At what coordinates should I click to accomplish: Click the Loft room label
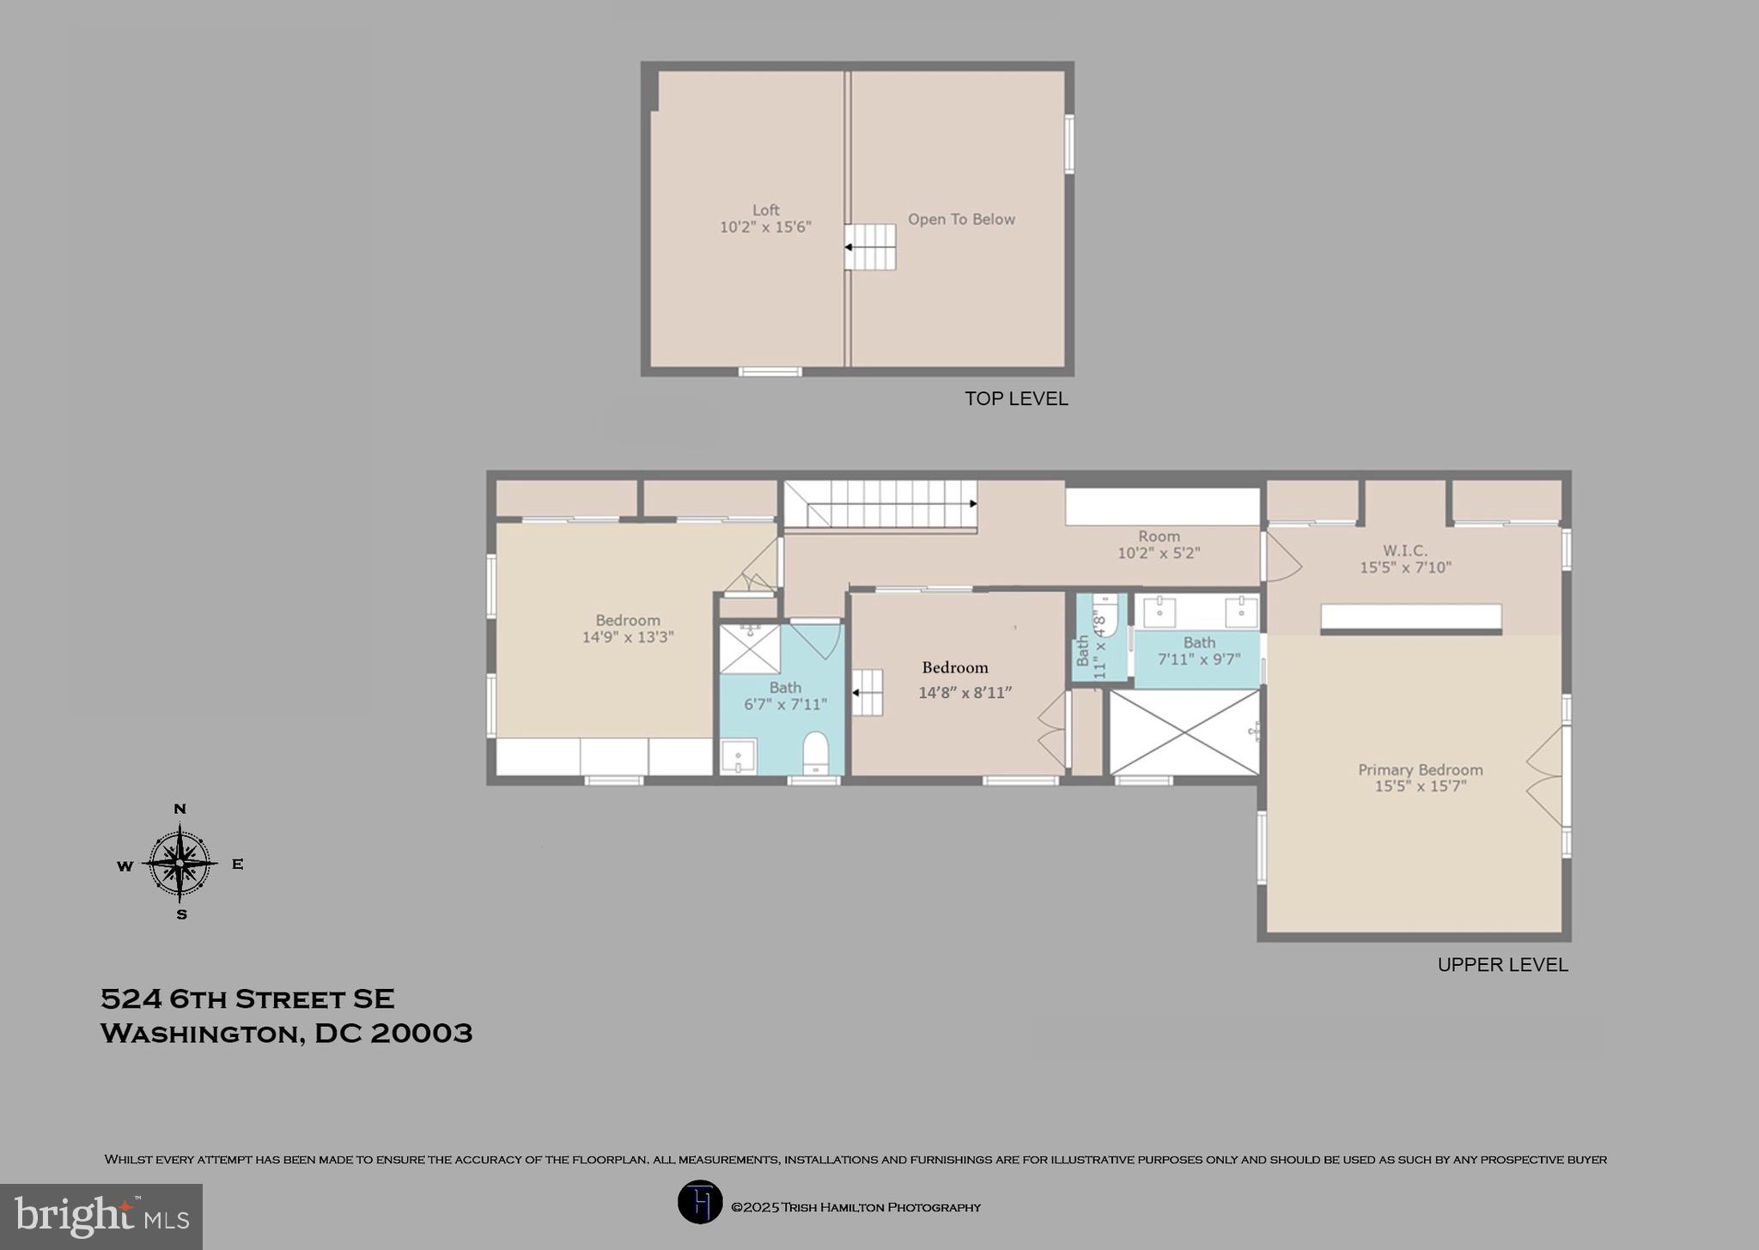(765, 210)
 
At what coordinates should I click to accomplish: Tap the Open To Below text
(961, 220)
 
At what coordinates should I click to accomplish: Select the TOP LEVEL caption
(1016, 398)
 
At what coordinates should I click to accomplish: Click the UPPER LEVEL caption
(1502, 964)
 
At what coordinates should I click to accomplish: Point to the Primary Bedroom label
(1420, 770)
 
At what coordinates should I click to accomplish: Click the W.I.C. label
(1405, 550)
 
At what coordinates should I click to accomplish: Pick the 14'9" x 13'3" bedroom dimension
(628, 637)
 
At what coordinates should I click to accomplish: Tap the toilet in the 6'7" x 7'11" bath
(814, 753)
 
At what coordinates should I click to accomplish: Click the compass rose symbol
(180, 863)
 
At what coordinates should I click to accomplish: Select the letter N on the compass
(180, 809)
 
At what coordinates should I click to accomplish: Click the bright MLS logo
(101, 1217)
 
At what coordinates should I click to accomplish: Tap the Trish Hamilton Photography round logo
(700, 1202)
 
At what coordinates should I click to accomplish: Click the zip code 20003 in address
(421, 1033)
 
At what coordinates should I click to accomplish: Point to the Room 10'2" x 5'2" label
(1159, 544)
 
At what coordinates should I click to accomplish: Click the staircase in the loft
(870, 247)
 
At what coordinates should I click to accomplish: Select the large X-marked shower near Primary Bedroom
(1184, 732)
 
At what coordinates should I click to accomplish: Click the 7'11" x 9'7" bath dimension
(1199, 659)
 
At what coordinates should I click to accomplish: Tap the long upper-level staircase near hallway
(880, 504)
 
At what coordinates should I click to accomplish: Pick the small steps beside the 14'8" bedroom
(867, 692)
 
